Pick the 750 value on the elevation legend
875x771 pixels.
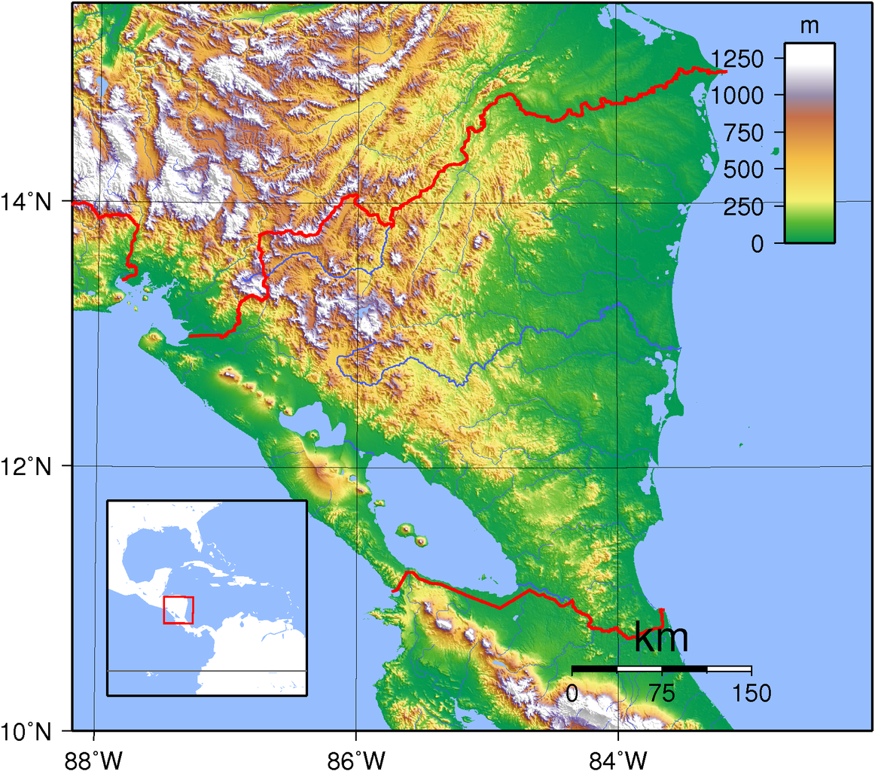751,133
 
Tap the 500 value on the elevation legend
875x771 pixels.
751,169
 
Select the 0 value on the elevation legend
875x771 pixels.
769,243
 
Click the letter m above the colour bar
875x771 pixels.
809,26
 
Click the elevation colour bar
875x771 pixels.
809,143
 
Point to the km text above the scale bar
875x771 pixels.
661,638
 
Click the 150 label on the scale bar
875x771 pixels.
750,693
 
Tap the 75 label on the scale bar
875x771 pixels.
662,693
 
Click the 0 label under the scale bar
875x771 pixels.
572,693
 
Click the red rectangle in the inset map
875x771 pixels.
178,610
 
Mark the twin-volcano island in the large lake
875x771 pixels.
413,534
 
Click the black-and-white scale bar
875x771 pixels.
661,669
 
